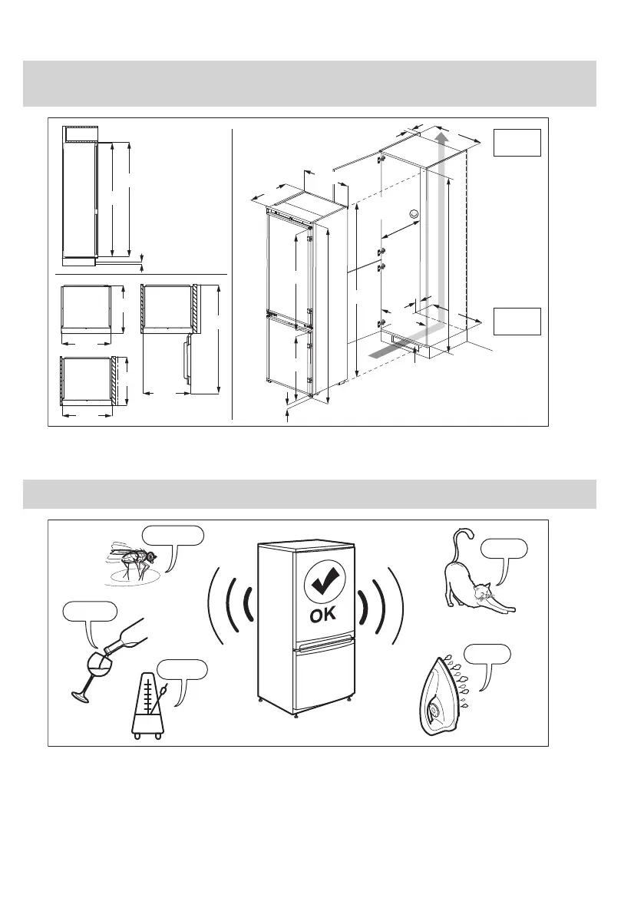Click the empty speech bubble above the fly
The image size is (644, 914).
pyautogui.click(x=173, y=535)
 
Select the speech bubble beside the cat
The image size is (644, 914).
pyautogui.click(x=504, y=549)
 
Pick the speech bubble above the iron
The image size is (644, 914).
pyautogui.click(x=487, y=655)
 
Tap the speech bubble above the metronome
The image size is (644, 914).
pyautogui.click(x=182, y=668)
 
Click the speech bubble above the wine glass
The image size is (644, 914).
pyautogui.click(x=90, y=612)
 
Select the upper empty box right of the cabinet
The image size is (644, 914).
pyautogui.click(x=517, y=143)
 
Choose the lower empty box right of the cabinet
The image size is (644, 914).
pyautogui.click(x=517, y=321)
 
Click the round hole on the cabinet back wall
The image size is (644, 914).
pyautogui.click(x=414, y=214)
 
